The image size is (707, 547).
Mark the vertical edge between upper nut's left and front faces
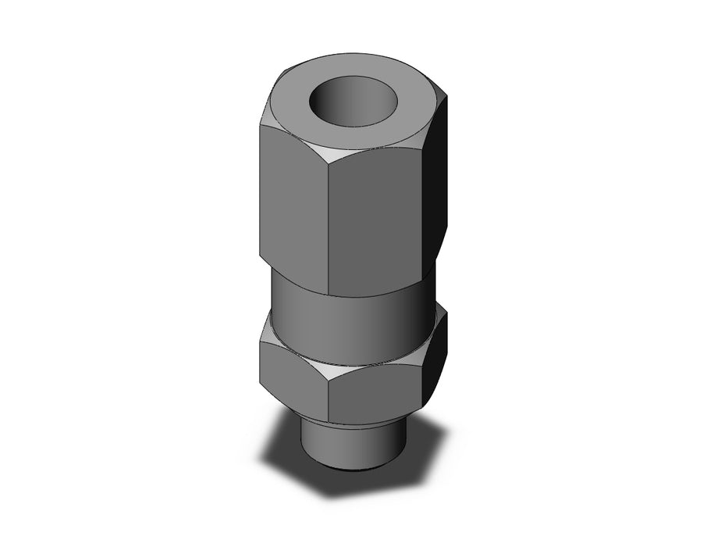point(327,227)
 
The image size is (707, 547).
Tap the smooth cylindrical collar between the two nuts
point(351,305)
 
